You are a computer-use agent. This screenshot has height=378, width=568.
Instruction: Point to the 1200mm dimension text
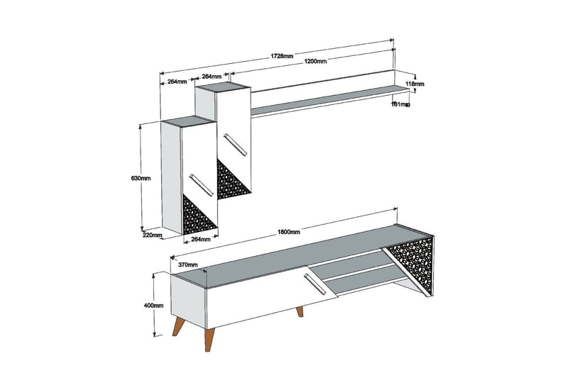316,62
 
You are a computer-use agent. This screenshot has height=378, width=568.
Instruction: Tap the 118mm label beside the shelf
415,84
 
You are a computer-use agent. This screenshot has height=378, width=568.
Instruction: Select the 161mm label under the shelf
400,104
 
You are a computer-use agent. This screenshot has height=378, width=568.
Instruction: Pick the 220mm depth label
153,235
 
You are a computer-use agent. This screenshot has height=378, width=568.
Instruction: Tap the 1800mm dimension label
289,232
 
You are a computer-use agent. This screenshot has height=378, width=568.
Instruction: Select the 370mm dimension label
188,265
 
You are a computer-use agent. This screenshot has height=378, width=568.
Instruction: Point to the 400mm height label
153,306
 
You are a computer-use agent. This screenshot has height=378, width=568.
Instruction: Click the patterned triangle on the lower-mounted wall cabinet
197,216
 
